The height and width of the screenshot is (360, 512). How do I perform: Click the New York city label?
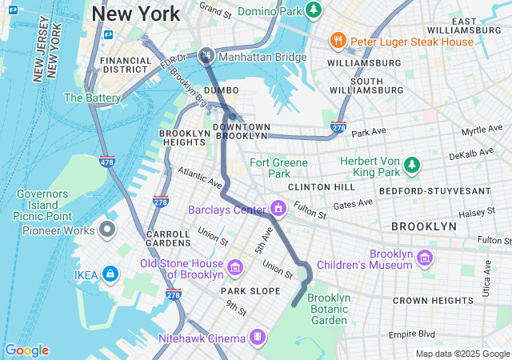135,14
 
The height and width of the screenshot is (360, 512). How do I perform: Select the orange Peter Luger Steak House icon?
338,40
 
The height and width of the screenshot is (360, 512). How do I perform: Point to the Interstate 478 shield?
106,161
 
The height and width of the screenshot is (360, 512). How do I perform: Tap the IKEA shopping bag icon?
110,274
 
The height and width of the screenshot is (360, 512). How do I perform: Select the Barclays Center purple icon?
278,210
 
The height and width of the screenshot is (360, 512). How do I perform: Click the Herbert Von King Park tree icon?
411,165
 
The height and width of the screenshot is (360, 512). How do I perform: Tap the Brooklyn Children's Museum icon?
425,258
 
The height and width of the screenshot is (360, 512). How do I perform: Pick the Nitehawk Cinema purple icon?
257,338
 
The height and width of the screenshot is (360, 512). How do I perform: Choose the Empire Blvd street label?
414,334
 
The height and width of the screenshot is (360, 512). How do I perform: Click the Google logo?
26,350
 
